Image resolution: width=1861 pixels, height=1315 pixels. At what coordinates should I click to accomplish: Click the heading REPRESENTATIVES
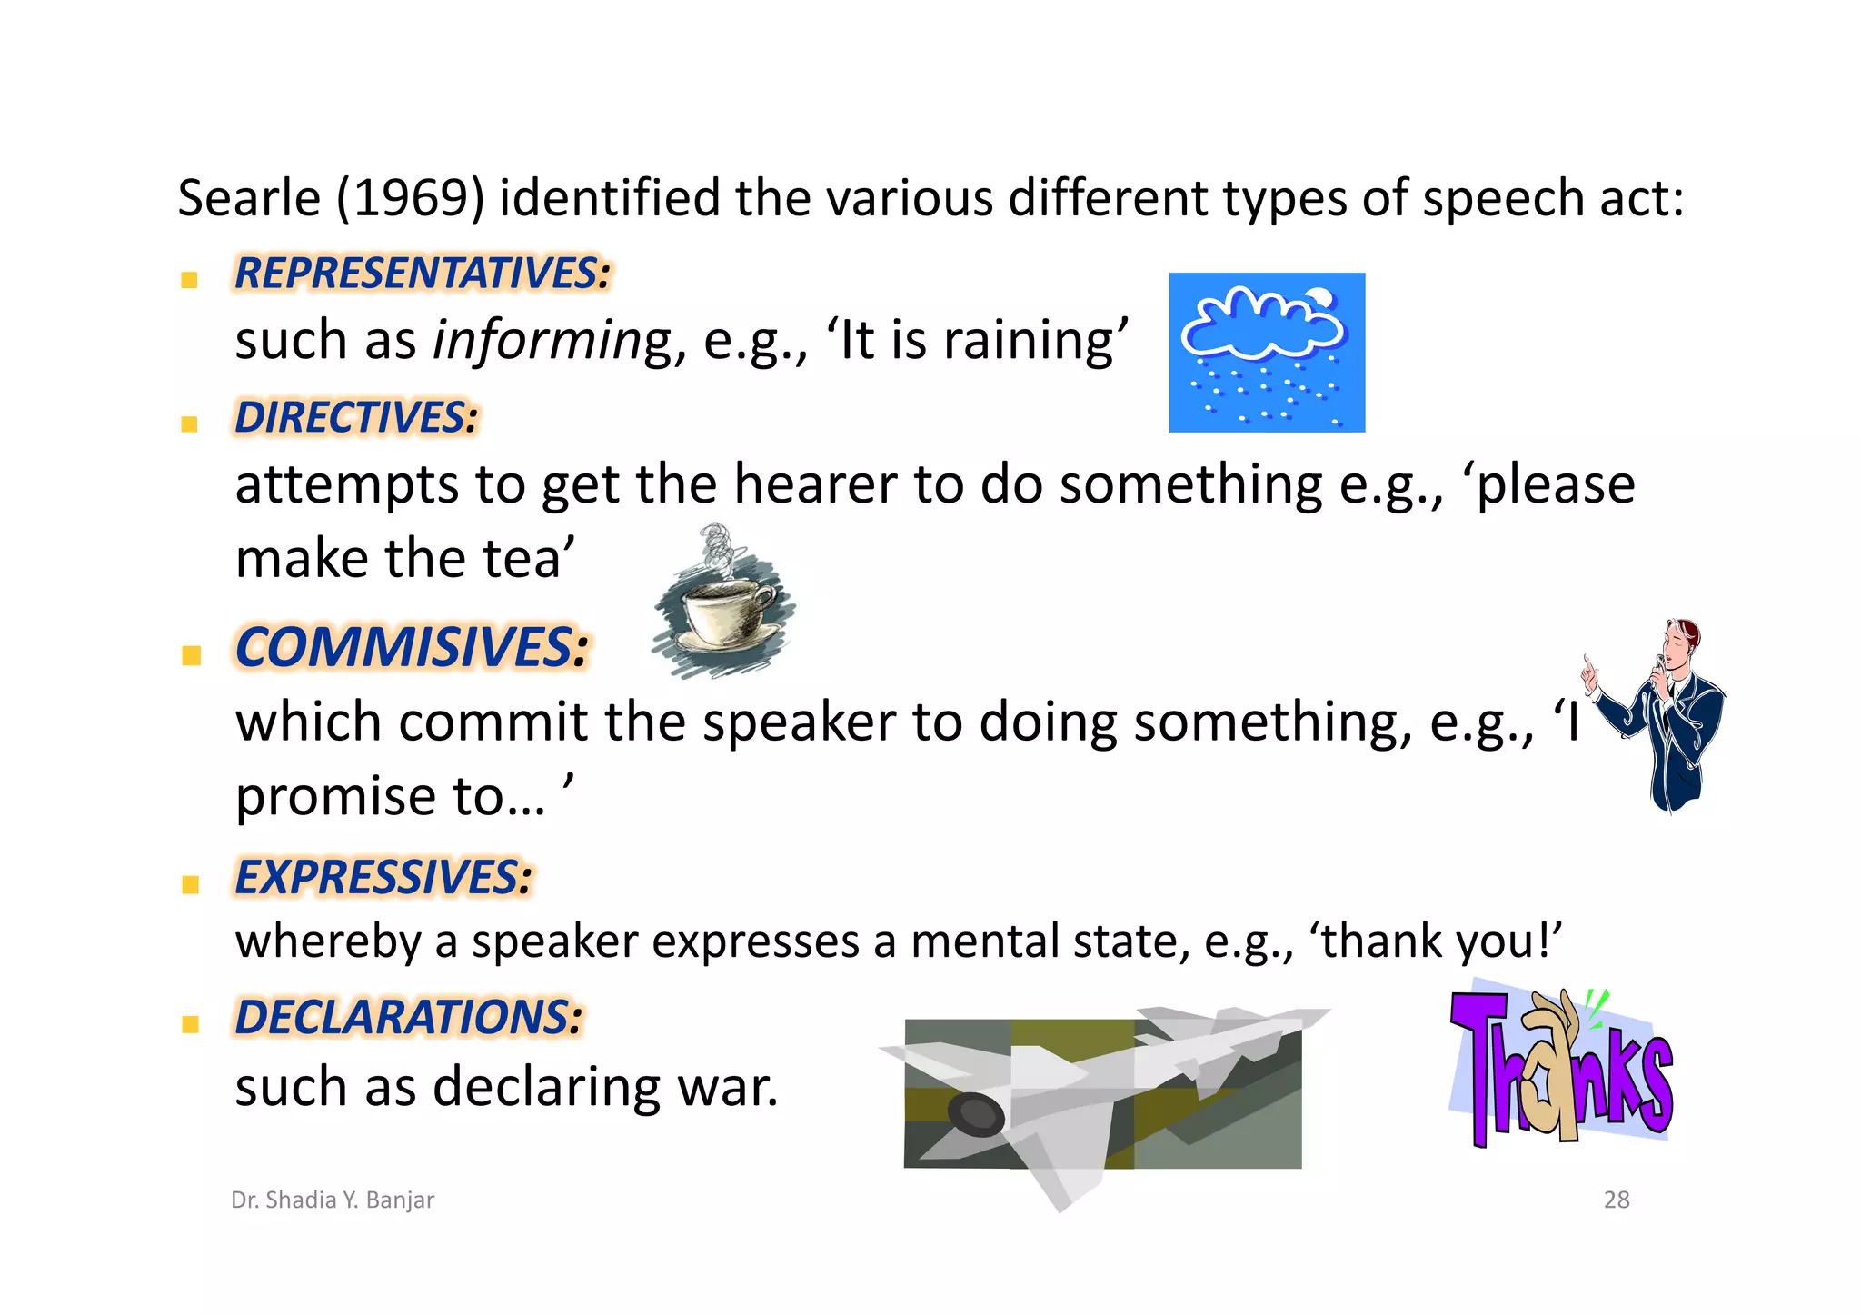pos(423,274)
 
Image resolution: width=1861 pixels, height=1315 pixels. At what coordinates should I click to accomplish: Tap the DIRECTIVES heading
pos(356,418)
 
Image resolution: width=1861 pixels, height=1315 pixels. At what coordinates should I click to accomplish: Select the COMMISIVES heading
pos(412,648)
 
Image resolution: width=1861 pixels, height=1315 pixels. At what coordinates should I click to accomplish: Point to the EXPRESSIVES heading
pos(383,878)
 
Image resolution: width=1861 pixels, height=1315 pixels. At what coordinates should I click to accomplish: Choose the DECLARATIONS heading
pos(409,1017)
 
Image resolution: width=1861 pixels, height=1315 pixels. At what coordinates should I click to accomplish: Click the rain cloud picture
pos(1267,353)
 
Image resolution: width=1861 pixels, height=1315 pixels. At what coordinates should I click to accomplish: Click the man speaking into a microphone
pos(1663,714)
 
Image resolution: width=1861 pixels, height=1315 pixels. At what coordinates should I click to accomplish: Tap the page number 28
pos(1617,1200)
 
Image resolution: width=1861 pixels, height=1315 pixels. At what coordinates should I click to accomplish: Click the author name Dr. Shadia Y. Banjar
pos(333,1200)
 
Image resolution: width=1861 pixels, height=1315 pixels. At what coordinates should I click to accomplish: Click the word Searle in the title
pos(249,198)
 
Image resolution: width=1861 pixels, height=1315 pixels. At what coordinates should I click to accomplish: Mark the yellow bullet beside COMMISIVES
pos(191,655)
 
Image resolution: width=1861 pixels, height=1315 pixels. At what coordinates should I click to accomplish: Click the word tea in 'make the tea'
pos(521,558)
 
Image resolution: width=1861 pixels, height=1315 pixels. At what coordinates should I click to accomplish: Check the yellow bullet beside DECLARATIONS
pos(191,1024)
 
